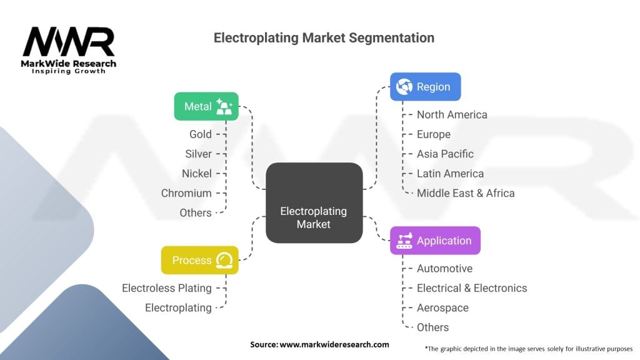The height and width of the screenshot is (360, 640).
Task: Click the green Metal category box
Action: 206,106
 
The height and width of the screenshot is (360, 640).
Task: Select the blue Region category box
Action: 425,87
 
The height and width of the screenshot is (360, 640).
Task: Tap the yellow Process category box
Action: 199,260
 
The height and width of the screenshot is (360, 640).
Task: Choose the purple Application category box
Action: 435,241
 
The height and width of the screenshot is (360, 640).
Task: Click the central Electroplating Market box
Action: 314,203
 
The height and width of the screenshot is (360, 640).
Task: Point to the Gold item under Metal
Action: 200,134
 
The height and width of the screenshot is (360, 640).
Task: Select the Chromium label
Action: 186,193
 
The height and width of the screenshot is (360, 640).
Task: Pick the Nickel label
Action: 197,174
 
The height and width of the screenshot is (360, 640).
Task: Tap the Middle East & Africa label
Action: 466,193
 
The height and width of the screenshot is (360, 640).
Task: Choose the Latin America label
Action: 450,174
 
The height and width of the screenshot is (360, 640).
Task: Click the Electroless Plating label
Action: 167,288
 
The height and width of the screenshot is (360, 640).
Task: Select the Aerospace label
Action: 442,308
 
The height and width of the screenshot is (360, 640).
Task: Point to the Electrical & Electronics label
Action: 472,288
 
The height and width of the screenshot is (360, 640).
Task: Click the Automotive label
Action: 444,269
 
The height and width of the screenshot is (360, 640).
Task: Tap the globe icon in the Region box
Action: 404,87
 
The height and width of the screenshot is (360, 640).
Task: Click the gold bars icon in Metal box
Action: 224,107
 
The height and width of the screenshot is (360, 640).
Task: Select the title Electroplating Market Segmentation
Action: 324,37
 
